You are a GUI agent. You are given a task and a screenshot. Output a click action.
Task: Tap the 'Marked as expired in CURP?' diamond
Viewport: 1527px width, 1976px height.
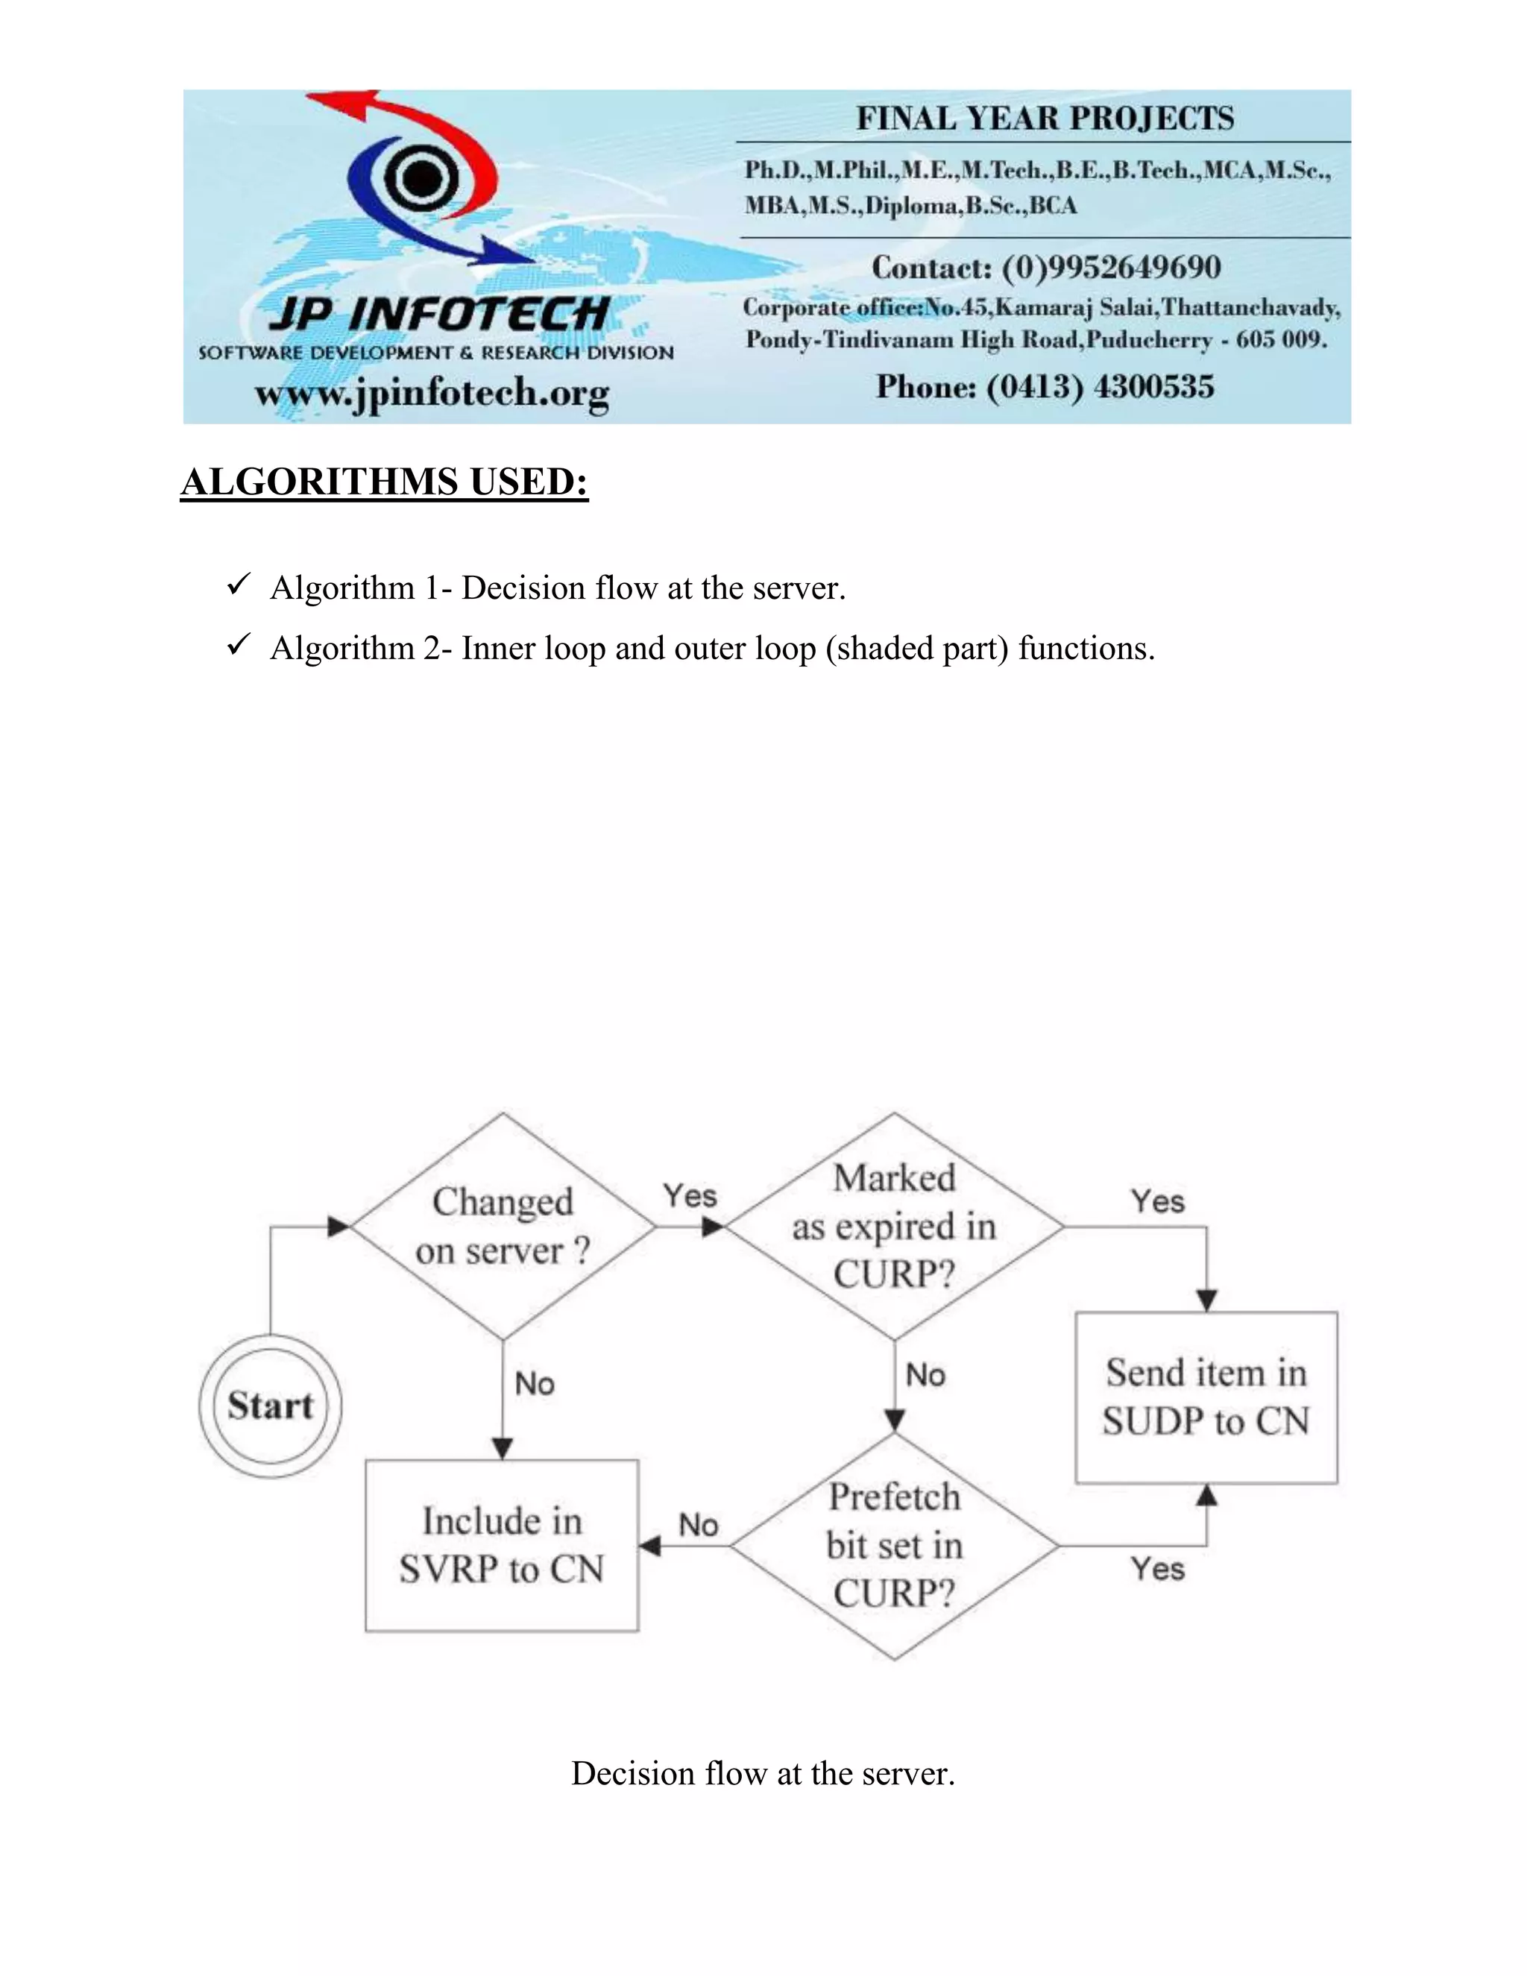pyautogui.click(x=894, y=1226)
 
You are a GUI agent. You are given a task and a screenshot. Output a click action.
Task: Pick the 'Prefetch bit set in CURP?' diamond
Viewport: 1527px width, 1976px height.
pyautogui.click(x=894, y=1545)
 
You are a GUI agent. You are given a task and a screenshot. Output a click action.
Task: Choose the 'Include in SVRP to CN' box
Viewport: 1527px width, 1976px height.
pyautogui.click(x=501, y=1545)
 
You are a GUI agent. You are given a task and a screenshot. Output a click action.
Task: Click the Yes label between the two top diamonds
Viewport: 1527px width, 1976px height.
pyautogui.click(x=690, y=1195)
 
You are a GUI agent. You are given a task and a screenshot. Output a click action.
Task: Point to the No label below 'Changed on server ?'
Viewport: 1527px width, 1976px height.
pyautogui.click(x=534, y=1383)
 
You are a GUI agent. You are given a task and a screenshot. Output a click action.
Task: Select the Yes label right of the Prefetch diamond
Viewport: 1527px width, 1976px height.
pyautogui.click(x=1157, y=1568)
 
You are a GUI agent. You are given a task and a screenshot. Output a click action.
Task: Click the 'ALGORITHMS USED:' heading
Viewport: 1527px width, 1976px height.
pyautogui.click(x=385, y=482)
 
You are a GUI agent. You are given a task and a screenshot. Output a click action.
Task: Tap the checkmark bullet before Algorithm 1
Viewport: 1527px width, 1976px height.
pyautogui.click(x=238, y=585)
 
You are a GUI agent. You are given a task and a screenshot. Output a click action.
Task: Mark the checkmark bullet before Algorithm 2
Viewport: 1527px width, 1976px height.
pyautogui.click(x=238, y=645)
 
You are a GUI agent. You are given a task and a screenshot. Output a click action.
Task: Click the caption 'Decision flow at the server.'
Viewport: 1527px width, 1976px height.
pyautogui.click(x=763, y=1773)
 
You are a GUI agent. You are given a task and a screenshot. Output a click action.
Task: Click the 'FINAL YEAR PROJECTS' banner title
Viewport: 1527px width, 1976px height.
pyautogui.click(x=1045, y=119)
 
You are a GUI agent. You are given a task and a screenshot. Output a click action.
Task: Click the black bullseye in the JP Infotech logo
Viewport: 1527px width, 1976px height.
pyautogui.click(x=419, y=177)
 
